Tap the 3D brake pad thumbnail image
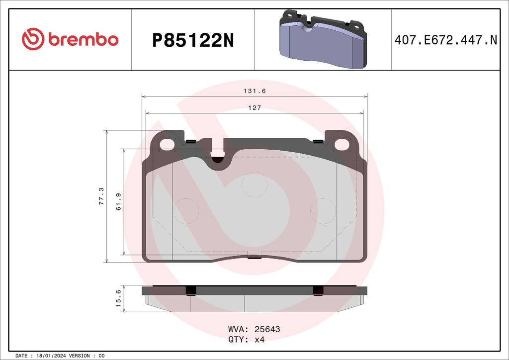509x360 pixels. (x=323, y=40)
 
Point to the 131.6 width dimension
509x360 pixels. (x=254, y=91)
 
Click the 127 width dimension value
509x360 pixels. (x=254, y=108)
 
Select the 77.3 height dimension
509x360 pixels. (x=101, y=196)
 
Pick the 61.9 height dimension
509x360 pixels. (x=118, y=201)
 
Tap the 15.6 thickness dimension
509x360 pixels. (x=118, y=299)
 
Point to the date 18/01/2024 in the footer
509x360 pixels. (x=50, y=356)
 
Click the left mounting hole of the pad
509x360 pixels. (x=167, y=145)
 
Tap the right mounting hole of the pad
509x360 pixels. (x=342, y=145)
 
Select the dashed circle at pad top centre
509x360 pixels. (x=254, y=184)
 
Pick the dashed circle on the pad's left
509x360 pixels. (x=185, y=211)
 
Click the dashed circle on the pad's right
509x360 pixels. (x=324, y=211)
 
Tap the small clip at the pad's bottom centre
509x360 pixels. (x=254, y=257)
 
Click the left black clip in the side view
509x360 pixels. (x=191, y=291)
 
